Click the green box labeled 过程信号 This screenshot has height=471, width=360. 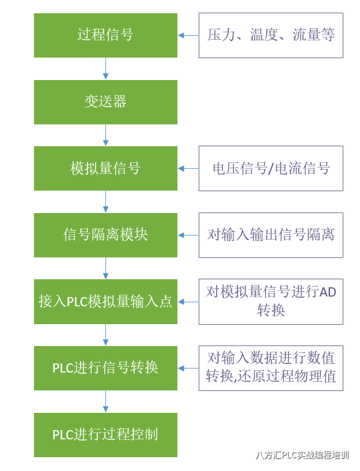click(105, 35)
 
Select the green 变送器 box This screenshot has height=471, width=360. click(105, 102)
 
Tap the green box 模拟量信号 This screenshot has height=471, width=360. click(105, 168)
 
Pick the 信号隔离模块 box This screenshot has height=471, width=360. click(105, 235)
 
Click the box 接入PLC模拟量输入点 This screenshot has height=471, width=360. click(105, 301)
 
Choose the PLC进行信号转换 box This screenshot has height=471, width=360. click(105, 368)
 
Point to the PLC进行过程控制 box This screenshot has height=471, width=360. click(105, 435)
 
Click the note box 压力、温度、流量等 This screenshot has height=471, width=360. click(271, 35)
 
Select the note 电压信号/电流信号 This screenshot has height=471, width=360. click(271, 168)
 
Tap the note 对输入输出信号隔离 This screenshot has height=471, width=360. click(271, 235)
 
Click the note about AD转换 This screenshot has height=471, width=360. click(271, 301)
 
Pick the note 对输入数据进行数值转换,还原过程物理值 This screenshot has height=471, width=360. click(271, 368)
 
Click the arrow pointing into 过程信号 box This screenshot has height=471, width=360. click(188, 35)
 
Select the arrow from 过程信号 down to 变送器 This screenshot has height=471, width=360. click(105, 69)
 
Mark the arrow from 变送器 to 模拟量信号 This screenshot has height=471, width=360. click(105, 135)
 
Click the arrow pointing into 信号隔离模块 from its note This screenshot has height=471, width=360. click(188, 235)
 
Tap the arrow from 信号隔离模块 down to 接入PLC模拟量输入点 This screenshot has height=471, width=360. click(105, 268)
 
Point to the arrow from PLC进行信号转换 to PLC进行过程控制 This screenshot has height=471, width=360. click(105, 401)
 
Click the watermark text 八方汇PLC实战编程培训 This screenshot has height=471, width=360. click(302, 455)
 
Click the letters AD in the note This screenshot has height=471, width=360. click(328, 292)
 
